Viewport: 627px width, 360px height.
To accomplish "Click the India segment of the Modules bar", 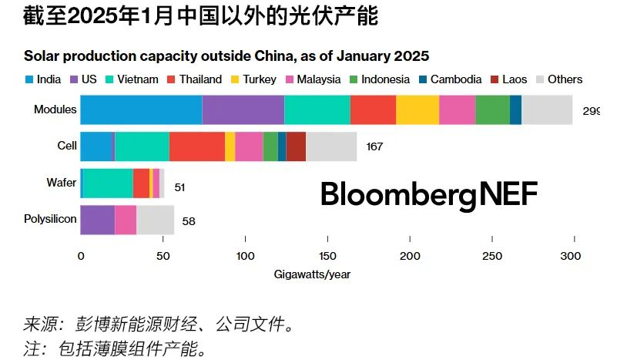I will (x=141, y=109).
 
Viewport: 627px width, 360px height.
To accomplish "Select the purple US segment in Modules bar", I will (x=243, y=109).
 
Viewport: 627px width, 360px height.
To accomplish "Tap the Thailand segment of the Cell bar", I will (x=197, y=146).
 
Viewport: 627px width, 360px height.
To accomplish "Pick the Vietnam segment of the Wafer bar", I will (x=108, y=183).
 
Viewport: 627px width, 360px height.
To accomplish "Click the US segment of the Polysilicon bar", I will (x=98, y=220).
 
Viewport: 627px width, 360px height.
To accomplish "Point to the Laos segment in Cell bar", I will (x=296, y=146).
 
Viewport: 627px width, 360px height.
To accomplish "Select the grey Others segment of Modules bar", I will (x=547, y=109).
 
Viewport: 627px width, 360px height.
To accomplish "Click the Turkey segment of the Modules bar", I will (x=417, y=109).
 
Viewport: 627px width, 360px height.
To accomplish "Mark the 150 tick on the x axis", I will (x=327, y=256).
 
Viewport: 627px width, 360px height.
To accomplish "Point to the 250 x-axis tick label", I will (x=490, y=256).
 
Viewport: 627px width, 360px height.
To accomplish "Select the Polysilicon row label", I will (x=51, y=219).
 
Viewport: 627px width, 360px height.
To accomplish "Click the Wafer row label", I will (x=62, y=183).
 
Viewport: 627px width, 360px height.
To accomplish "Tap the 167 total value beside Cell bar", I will (x=374, y=146).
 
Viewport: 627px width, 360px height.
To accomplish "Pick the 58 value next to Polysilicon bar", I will (x=189, y=221).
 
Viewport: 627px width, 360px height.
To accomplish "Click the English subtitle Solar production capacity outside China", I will (x=226, y=56).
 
